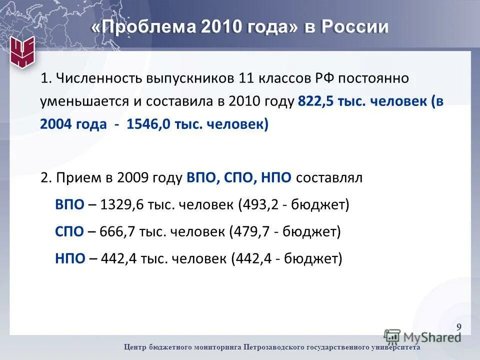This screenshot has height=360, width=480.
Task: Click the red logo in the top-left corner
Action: pos(22,51)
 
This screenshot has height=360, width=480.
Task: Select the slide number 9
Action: pos(459,327)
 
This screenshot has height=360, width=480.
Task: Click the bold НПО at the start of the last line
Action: pos(69,258)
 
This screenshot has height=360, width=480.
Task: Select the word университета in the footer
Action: pos(394,347)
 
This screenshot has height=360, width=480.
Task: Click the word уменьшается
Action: pos(84,101)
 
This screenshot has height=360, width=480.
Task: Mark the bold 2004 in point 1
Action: pos(56,124)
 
